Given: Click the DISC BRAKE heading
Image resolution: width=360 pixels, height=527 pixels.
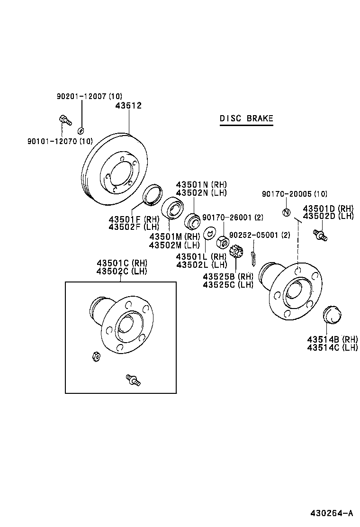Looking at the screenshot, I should coord(246,118).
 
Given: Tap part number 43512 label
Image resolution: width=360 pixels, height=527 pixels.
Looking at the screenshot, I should coord(128,106).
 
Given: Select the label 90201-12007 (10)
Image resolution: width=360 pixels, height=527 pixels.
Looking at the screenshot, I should coord(89,96).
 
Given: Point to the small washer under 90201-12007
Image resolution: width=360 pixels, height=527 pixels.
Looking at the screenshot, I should coord(81,130).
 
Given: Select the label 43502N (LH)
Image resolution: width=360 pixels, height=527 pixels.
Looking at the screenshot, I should coord(201,193).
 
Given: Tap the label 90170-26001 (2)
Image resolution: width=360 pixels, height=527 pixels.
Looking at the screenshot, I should coord(233,218).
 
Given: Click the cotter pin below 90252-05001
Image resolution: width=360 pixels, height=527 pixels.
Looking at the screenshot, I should coord(253,256).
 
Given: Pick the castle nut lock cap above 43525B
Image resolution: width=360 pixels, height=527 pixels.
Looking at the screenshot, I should coord(236,251).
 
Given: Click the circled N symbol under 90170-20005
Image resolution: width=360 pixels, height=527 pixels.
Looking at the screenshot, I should coord(286,212).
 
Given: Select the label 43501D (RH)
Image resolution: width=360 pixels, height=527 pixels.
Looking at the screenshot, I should coord(328,208).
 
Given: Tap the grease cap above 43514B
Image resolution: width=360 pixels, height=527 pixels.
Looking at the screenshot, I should coord(331,315).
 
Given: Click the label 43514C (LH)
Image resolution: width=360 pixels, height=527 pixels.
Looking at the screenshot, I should coord(332,347).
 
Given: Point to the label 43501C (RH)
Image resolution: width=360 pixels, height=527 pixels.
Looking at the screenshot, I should coord(122,263).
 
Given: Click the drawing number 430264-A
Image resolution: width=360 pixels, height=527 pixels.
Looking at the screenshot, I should coord(332,513).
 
